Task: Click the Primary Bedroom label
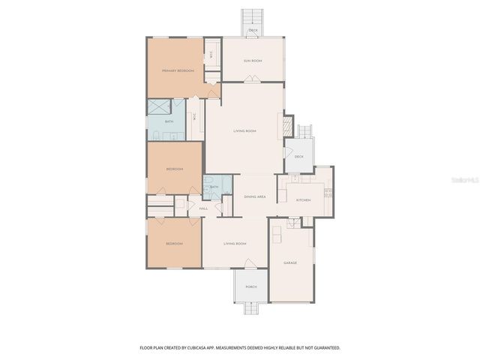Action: coord(178,70)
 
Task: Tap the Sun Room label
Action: coord(253,60)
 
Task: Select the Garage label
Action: coord(289,262)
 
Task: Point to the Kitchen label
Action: coord(303,200)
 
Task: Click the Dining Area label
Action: coord(255,196)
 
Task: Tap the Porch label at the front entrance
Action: coord(251,286)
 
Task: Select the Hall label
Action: coord(203,208)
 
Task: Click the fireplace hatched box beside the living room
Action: coord(284,124)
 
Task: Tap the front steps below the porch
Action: coord(251,308)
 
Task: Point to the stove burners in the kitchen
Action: coord(328,190)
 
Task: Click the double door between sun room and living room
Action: coord(253,82)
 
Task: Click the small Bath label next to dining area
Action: coord(214,187)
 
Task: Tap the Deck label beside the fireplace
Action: coord(298,157)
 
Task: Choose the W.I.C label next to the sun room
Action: coord(212,54)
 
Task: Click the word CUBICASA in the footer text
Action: coord(204,348)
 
